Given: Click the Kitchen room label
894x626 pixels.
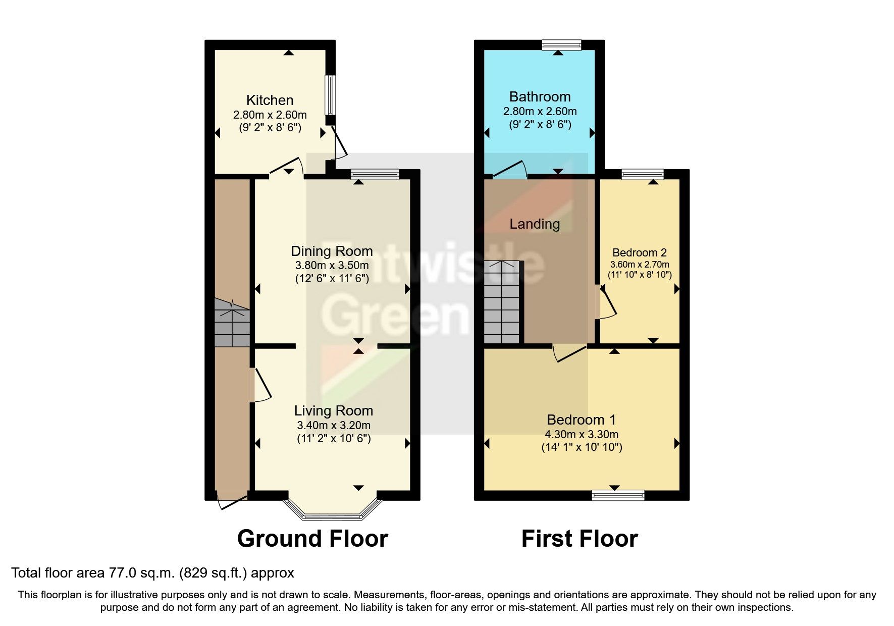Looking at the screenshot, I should (270, 100).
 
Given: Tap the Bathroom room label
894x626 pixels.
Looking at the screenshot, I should (540, 96).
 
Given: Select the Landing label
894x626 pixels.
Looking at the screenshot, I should (535, 224).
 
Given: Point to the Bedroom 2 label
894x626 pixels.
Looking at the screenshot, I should (640, 252).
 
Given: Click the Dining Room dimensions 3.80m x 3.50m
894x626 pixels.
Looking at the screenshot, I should (332, 265).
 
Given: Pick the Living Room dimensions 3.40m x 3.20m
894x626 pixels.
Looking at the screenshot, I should (334, 425).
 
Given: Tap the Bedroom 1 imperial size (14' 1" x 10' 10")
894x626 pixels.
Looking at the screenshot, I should (582, 447).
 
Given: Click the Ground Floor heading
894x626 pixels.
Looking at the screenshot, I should (312, 539).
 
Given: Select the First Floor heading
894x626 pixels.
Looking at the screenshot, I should (580, 539).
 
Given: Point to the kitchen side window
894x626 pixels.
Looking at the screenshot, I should (330, 95).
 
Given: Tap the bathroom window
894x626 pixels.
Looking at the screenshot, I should (561, 45).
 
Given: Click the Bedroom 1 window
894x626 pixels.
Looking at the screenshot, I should (618, 495).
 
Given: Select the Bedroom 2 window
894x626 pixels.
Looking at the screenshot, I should (643, 175).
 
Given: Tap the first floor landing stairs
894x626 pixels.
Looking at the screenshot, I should (501, 302).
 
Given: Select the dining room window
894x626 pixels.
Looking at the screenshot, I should (375, 175).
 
